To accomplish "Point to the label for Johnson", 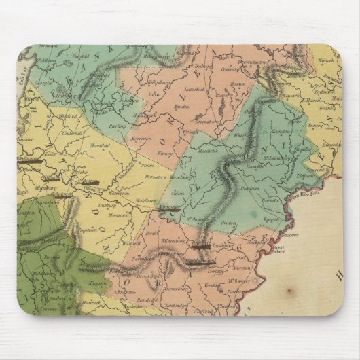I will click(129, 100).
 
